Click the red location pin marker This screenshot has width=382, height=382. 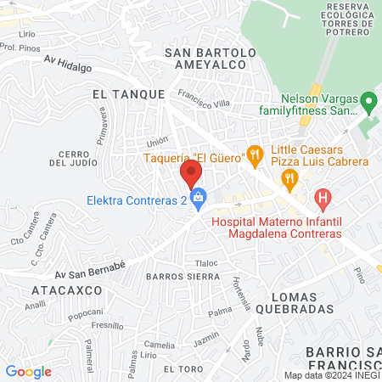[190, 174]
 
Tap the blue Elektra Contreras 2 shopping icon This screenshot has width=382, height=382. [199, 201]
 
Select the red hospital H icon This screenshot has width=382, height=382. [322, 200]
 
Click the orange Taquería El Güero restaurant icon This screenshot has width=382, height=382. [253, 154]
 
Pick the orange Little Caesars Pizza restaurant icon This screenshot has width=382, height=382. [290, 177]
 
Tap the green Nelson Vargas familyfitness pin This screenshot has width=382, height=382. [368, 104]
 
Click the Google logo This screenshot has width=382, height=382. [28, 371]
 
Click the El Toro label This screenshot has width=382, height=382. [181, 369]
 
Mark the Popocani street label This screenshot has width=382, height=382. [86, 313]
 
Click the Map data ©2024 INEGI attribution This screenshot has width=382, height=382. [332, 375]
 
